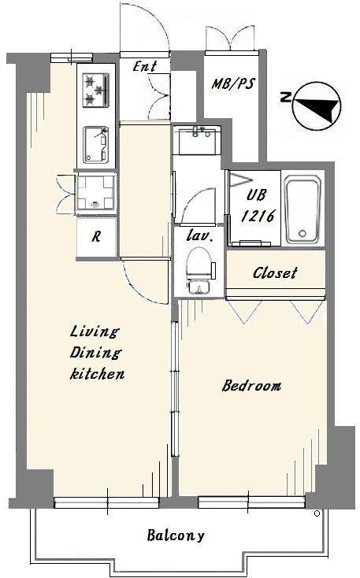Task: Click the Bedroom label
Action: (251, 386)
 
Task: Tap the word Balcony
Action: (176, 535)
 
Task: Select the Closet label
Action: (275, 272)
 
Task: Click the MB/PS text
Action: (233, 83)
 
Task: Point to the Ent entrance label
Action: (145, 66)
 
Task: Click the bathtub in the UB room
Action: (302, 209)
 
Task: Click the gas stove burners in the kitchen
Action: (96, 90)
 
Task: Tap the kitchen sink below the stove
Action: (96, 145)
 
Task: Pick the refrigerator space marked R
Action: (96, 237)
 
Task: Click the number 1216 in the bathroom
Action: (258, 216)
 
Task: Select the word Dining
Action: (95, 353)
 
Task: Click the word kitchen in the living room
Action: (98, 374)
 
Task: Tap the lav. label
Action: (199, 235)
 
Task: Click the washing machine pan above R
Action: (96, 193)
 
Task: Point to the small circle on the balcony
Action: (317, 513)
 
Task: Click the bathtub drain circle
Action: (302, 233)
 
